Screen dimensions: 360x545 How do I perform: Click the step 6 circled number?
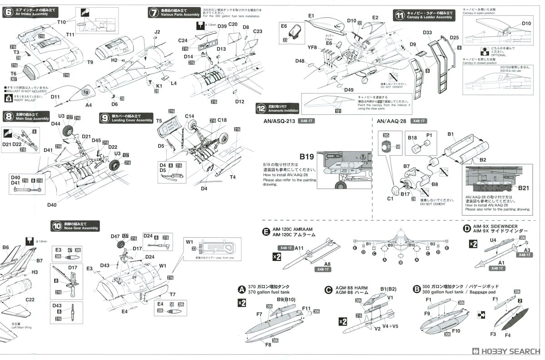click(8, 12)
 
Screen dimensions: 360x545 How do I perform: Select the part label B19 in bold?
click(307, 157)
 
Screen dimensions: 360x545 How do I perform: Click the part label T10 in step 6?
click(62, 22)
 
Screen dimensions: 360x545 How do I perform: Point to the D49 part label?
click(348, 90)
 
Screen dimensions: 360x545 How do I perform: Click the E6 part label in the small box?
click(284, 26)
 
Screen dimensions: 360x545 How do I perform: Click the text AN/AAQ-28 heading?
click(391, 121)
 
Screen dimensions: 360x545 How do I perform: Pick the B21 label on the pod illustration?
click(523, 187)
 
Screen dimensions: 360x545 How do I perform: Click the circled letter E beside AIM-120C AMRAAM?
click(267, 232)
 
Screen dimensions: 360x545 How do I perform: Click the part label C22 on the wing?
click(30, 300)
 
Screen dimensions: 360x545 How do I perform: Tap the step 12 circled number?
click(261, 109)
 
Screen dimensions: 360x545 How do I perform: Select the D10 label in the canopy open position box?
click(526, 23)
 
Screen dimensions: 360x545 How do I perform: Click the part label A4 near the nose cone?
click(89, 105)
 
